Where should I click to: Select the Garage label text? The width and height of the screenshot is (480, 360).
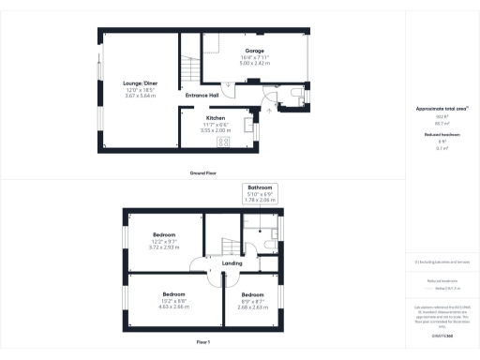(254, 51)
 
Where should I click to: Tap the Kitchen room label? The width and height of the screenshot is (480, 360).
(216, 118)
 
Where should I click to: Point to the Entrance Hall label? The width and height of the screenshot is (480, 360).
(202, 96)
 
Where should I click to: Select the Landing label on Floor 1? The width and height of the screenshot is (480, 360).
(232, 263)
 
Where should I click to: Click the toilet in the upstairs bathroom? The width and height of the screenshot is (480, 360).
(269, 245)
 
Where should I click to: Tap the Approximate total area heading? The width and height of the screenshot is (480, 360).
(441, 109)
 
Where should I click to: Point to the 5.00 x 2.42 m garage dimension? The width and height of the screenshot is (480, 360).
(254, 65)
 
